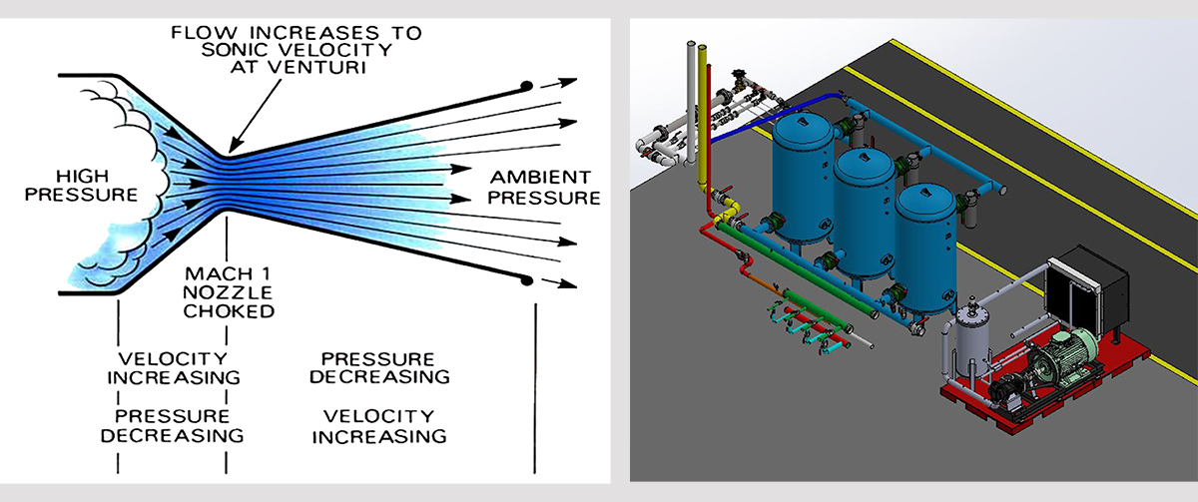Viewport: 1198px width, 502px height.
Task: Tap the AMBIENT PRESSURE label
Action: [x=543, y=186]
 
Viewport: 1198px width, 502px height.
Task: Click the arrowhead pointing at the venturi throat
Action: [x=229, y=150]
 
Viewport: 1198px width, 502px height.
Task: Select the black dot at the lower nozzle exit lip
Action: [x=526, y=280]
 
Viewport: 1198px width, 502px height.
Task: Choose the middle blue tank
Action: [x=865, y=210]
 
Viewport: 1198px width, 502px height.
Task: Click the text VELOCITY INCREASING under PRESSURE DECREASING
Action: [x=378, y=425]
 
